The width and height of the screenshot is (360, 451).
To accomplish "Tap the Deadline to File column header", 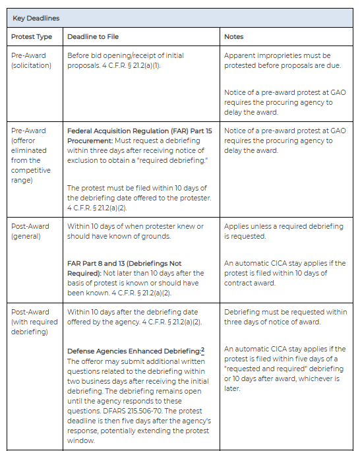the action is click(x=93, y=36).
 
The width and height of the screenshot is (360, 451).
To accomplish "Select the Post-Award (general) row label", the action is click(x=30, y=231).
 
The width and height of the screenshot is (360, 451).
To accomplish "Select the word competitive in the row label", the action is click(x=31, y=169).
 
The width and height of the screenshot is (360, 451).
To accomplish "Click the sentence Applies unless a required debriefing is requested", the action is click(x=284, y=231).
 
